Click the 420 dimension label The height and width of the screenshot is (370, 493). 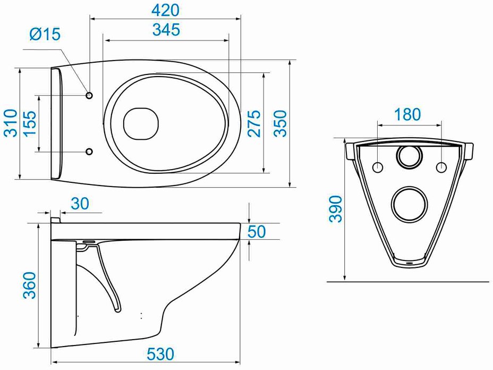tap(165, 10)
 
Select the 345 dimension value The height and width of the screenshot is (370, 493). tap(166, 30)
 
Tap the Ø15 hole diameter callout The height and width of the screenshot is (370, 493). tap(45, 33)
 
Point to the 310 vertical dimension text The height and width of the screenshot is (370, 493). tap(11, 123)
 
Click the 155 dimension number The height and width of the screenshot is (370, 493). tap(30, 123)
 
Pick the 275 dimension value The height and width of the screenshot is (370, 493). tap(254, 123)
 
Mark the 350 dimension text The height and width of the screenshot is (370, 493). tap(280, 123)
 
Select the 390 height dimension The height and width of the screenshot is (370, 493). tap(335, 209)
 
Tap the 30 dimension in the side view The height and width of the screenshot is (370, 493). tap(80, 204)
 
